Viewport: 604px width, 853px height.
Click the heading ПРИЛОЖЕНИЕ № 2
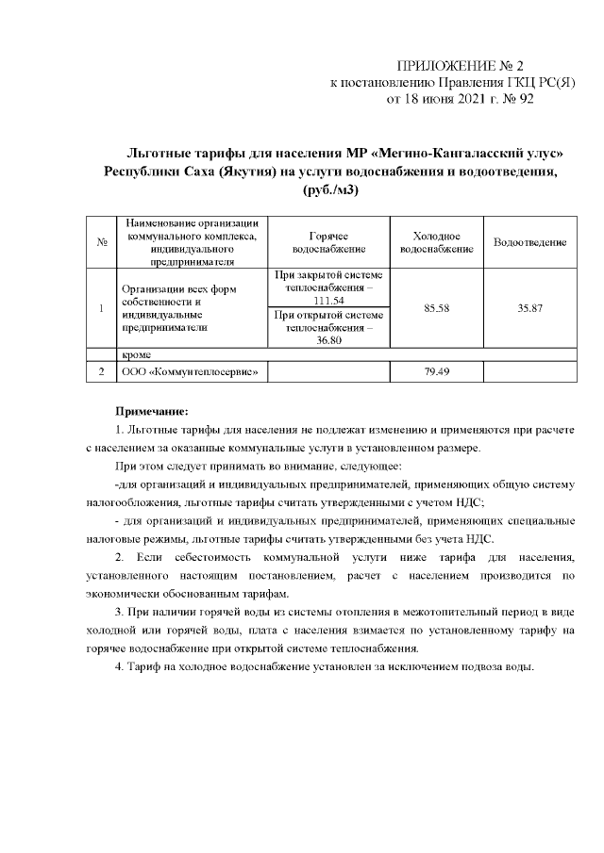click(x=460, y=65)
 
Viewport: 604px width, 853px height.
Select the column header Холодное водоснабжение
click(x=436, y=242)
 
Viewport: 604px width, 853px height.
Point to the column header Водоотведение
click(x=529, y=243)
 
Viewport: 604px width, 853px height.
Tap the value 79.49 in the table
click(x=436, y=372)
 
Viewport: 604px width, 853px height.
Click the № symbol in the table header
click(x=100, y=243)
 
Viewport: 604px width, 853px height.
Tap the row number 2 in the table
click(x=100, y=372)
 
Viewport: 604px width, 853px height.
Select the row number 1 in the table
click(x=100, y=308)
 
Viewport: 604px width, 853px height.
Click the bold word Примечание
click(x=152, y=411)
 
